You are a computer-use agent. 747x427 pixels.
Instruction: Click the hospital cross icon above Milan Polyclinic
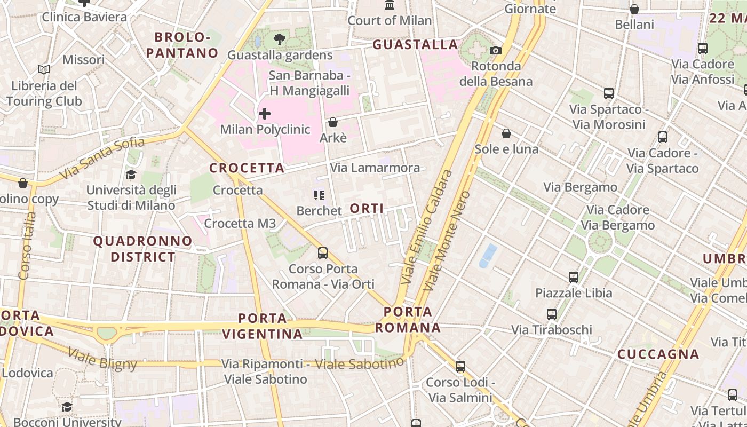[x=264, y=114]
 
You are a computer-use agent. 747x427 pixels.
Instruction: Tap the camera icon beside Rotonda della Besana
[x=496, y=50]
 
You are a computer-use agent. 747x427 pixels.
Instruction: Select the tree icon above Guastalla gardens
[x=279, y=39]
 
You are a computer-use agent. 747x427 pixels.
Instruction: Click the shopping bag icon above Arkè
[x=333, y=122]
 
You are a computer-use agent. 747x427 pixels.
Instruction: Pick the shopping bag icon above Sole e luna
[x=506, y=133]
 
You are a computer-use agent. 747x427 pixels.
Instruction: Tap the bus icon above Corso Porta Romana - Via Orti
[x=323, y=253]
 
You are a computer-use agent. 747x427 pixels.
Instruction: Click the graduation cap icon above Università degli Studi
[x=131, y=175]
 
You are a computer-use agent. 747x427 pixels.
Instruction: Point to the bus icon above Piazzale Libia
[x=574, y=278]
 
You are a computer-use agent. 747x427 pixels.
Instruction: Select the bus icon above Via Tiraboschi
[x=552, y=314]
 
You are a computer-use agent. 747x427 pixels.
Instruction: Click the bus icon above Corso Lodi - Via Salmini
[x=460, y=367]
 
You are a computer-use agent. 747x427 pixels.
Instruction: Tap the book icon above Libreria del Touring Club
[x=44, y=70]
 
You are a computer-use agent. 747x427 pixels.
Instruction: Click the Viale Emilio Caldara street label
[x=427, y=227]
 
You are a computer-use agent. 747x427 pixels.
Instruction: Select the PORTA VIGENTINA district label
[x=262, y=326]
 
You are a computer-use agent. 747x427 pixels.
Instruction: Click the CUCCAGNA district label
[x=658, y=354]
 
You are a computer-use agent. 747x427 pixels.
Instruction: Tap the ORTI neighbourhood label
[x=367, y=208]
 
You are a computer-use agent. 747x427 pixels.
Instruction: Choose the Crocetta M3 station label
[x=240, y=223]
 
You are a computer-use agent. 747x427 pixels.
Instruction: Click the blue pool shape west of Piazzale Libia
[x=488, y=256]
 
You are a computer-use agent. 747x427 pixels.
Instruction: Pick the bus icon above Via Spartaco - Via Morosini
[x=609, y=94]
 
